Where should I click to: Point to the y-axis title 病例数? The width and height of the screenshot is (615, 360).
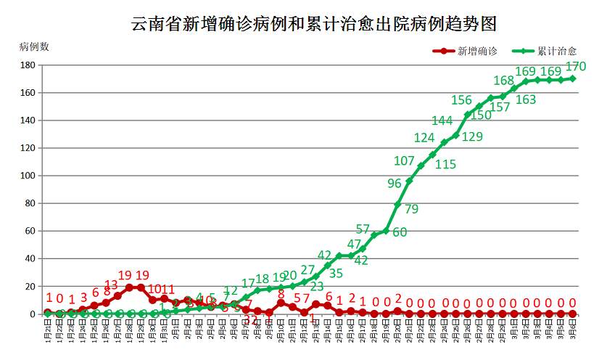34,47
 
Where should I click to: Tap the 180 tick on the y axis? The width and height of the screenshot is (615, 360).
28,65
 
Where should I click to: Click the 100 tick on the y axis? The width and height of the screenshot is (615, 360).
28,176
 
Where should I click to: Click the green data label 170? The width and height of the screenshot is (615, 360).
575,67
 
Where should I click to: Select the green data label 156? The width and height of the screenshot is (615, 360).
461,100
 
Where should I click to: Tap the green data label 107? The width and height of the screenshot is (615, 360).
404,160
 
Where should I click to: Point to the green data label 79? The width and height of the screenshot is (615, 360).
411,209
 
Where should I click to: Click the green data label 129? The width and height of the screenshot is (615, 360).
472,136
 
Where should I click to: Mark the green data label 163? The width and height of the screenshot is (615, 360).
526,99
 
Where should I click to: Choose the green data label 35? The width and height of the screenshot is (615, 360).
336,273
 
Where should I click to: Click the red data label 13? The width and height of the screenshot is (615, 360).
111,285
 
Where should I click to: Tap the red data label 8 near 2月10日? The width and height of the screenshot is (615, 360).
281,293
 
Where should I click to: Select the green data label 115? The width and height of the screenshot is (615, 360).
445,165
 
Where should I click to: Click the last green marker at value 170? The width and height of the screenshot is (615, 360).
572,78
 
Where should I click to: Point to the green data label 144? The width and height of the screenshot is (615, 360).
442,120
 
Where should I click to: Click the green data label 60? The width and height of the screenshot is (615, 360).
400,232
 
